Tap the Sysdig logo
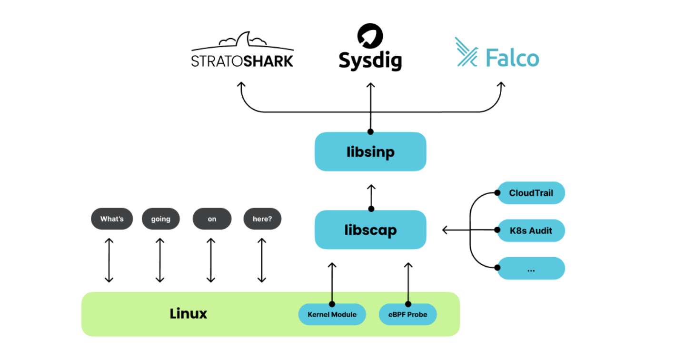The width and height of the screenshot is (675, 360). pyautogui.click(x=370, y=48)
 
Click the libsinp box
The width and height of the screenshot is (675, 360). pyautogui.click(x=370, y=152)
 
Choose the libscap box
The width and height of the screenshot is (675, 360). pyautogui.click(x=370, y=230)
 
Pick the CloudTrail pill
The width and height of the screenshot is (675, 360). pyautogui.click(x=531, y=193)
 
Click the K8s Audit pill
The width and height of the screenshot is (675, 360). pyautogui.click(x=531, y=230)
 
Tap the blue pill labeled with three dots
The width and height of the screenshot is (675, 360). pyautogui.click(x=531, y=268)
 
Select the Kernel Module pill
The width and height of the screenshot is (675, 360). pyautogui.click(x=332, y=314)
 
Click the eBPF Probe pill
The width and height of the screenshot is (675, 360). pyautogui.click(x=408, y=314)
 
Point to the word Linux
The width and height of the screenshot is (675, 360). pyautogui.click(x=189, y=314)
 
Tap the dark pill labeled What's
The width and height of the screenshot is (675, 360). pyautogui.click(x=112, y=219)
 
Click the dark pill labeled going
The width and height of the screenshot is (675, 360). pyautogui.click(x=161, y=219)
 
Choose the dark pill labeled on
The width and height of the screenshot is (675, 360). pyautogui.click(x=212, y=219)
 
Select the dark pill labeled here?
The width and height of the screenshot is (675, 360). pyautogui.click(x=262, y=219)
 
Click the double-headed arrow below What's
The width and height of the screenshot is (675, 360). pyautogui.click(x=109, y=260)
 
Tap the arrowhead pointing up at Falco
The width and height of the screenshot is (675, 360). pyautogui.click(x=501, y=84)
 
